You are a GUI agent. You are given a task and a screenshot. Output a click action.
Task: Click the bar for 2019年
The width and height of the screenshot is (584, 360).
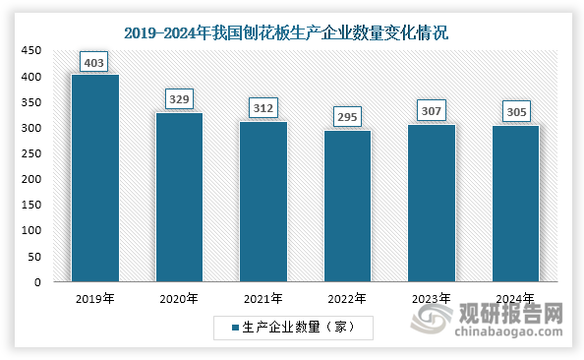point(95,178)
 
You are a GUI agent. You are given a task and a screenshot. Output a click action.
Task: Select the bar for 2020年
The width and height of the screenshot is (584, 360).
point(179,198)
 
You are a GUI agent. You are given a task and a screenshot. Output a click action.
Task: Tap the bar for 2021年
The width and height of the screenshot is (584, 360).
point(263,202)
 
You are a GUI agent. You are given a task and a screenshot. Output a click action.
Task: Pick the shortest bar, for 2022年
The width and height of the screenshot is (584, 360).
point(347,207)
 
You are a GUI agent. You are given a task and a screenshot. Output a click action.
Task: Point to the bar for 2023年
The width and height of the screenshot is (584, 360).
point(432,204)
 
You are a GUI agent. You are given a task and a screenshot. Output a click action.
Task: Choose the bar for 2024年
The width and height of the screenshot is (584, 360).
point(515,204)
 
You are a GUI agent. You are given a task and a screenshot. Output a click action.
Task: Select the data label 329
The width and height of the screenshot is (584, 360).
point(179,98)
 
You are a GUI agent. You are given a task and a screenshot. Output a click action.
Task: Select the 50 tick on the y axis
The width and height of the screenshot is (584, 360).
point(34,257)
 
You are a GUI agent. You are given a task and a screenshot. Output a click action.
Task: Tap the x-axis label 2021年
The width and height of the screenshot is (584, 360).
point(263,298)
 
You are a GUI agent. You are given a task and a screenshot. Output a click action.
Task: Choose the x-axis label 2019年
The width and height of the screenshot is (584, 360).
point(95,298)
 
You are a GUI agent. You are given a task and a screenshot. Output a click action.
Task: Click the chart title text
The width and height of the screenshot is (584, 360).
point(292,32)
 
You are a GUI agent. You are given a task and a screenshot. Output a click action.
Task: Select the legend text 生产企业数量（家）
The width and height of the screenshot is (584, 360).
point(298,326)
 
